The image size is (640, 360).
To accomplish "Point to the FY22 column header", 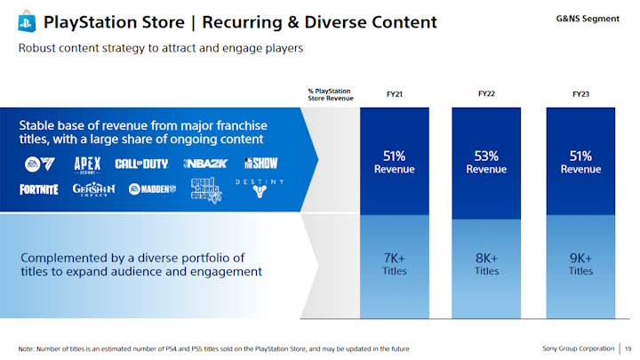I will (486, 92).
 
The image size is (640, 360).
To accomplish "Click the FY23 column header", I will (580, 92).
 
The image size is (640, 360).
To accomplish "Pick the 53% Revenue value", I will (486, 162).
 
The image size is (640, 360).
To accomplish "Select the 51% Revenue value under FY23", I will (580, 162).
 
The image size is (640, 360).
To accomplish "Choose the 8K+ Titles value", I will (486, 264).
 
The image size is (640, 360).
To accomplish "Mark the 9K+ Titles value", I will (580, 264).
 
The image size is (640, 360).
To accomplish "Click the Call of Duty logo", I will (142, 164).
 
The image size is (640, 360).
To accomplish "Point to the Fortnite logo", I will (38, 188).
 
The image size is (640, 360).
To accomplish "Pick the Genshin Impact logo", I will (93, 189).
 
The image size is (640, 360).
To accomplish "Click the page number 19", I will (628, 348).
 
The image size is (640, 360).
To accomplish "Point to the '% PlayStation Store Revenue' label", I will (330, 94).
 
